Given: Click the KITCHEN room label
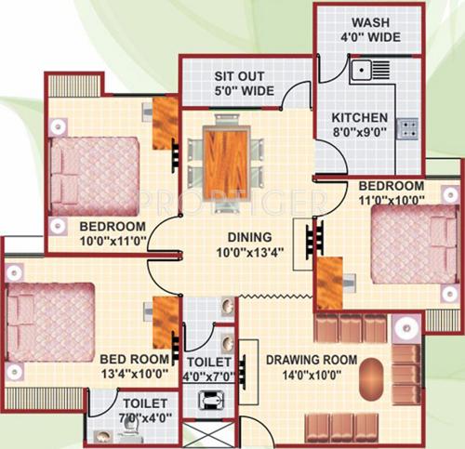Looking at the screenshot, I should [x=359, y=118].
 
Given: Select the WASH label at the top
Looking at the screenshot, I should [x=369, y=24].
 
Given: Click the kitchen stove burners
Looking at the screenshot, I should [x=407, y=128].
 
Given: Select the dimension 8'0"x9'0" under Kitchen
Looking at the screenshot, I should [x=359, y=134].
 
